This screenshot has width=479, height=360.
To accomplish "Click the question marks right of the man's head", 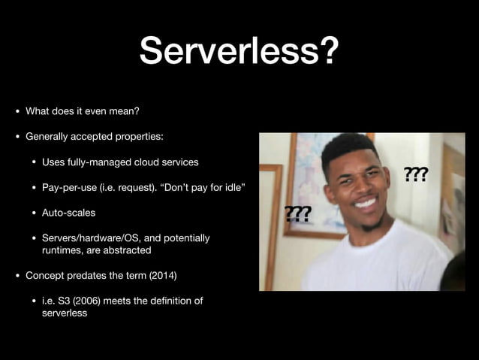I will click(417, 174).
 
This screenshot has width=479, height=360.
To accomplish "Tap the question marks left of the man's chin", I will click(297, 213).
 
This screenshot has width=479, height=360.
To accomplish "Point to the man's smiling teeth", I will click(365, 203).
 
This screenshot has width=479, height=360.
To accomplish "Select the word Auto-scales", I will click(69, 213).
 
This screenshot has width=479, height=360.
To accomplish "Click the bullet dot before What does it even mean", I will click(18, 111).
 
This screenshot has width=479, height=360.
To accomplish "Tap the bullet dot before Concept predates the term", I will click(18, 276).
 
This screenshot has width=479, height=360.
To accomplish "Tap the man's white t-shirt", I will click(375, 263).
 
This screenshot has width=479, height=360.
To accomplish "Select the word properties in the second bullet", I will click(139, 137).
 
